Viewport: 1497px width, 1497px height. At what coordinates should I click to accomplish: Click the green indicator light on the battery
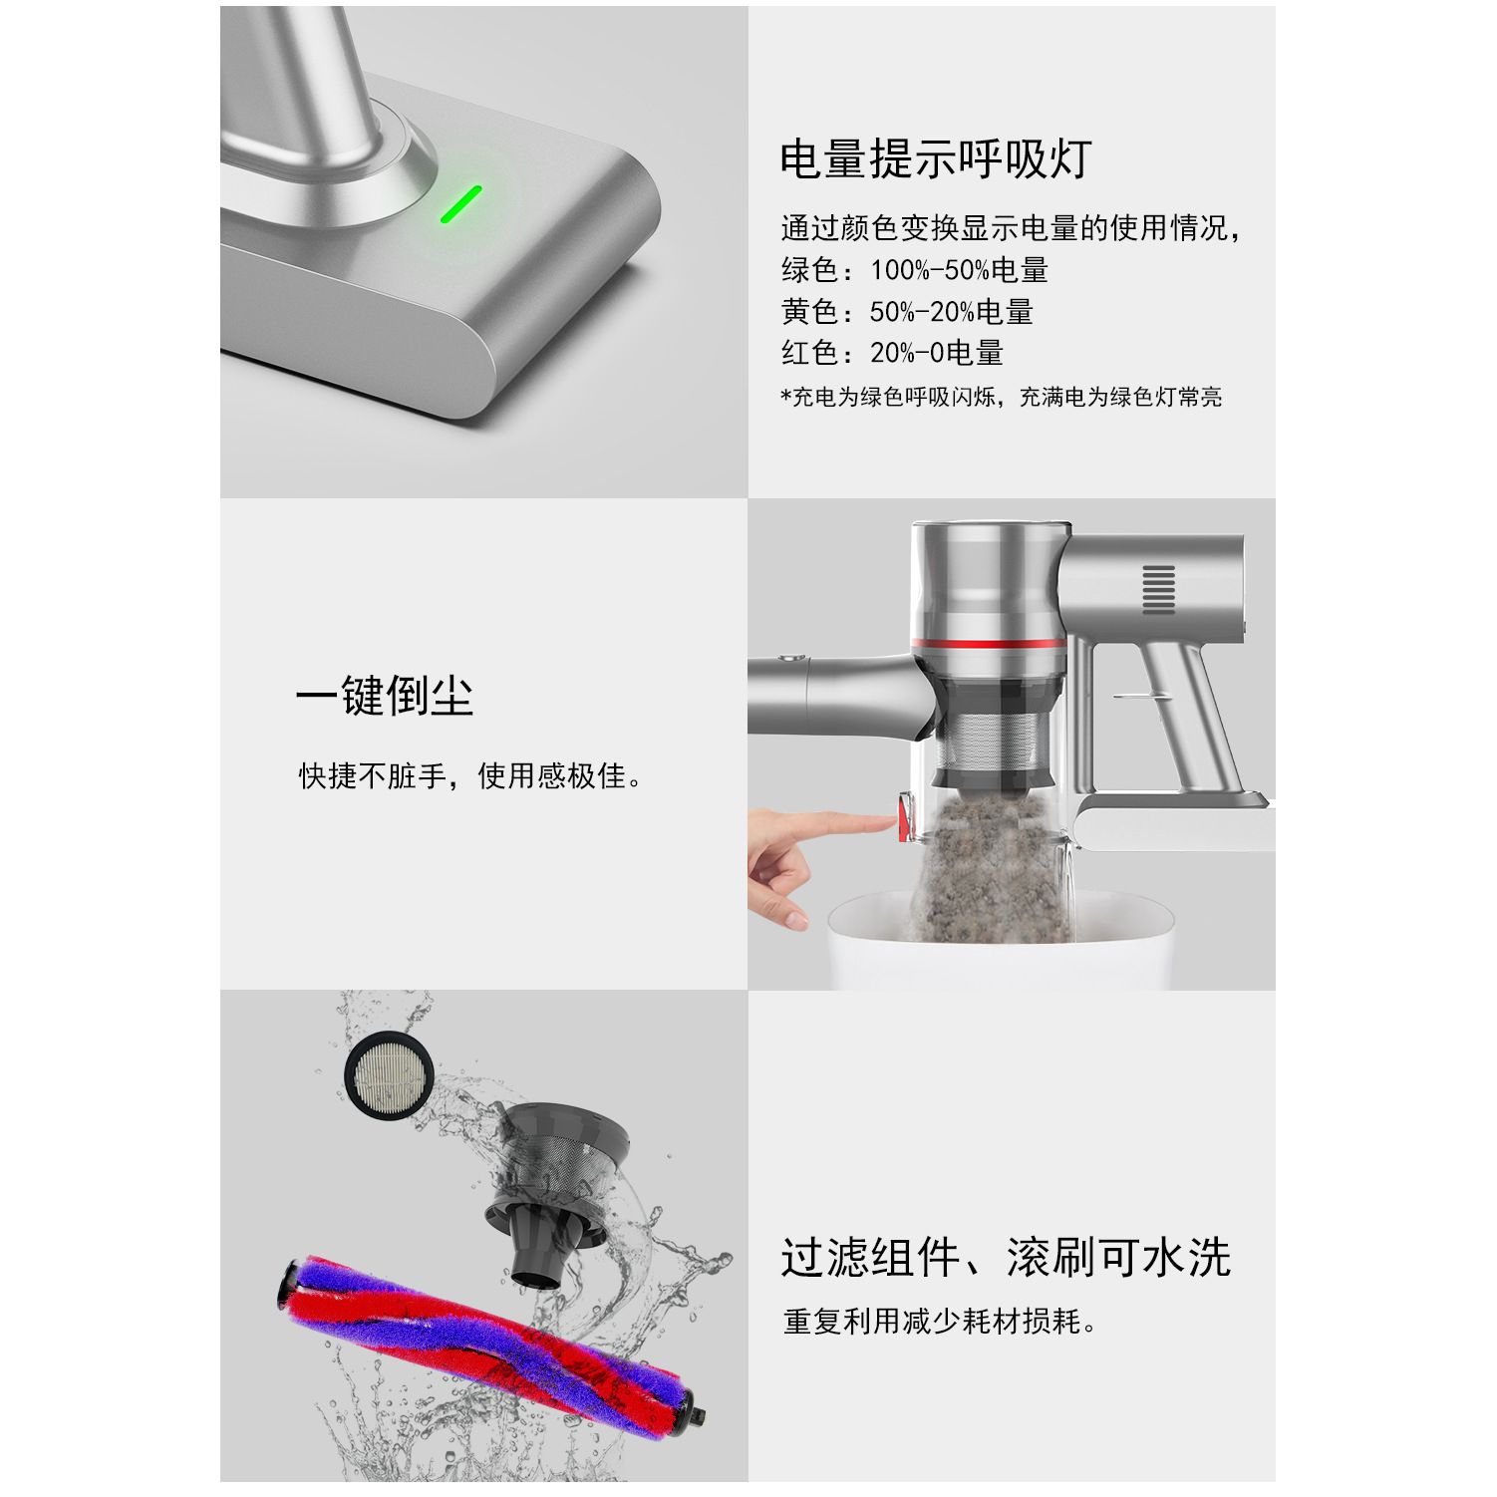(x=461, y=204)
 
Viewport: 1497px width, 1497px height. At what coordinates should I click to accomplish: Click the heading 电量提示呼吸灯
(x=936, y=158)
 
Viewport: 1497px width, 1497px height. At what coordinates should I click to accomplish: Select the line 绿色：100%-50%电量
(x=914, y=270)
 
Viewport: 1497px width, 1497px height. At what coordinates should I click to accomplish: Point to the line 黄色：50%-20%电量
(x=907, y=312)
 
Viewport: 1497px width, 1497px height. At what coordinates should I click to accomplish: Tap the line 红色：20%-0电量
(x=892, y=353)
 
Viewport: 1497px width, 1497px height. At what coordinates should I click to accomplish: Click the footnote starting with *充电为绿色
(x=1001, y=398)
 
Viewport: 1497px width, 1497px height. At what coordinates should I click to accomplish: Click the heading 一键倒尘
(x=384, y=696)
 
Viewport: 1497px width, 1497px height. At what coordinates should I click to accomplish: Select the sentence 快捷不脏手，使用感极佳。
(x=471, y=776)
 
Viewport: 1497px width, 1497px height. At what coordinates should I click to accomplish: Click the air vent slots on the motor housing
(x=1158, y=589)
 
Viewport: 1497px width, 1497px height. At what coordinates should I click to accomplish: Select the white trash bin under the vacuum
(x=1002, y=942)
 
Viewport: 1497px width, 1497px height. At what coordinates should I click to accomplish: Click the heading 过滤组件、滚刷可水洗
(x=1006, y=1258)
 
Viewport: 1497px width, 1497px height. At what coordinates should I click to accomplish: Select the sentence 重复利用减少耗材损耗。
(x=940, y=1323)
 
